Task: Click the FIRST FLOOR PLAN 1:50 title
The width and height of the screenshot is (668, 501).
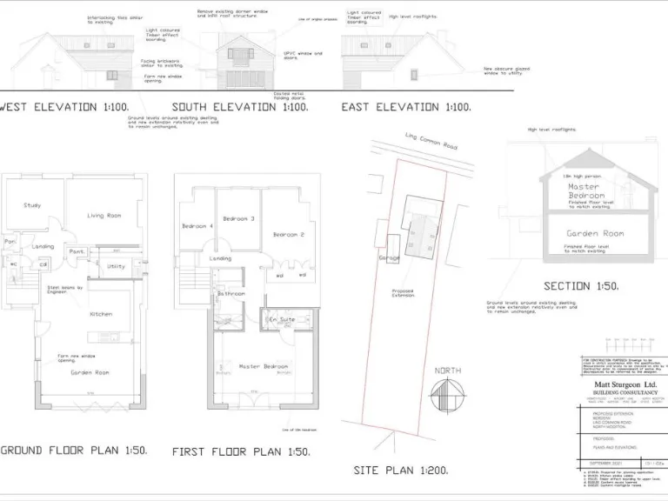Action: click(x=241, y=451)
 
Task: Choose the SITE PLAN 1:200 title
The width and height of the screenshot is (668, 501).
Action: click(x=402, y=470)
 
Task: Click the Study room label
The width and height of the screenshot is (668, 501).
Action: click(x=32, y=205)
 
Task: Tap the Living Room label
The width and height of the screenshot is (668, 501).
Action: click(x=104, y=215)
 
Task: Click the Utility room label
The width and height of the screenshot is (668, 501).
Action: click(x=116, y=266)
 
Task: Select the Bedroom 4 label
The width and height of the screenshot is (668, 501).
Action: click(x=195, y=226)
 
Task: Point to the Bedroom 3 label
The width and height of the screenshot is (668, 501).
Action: click(x=238, y=218)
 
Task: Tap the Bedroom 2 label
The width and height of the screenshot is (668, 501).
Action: click(x=288, y=235)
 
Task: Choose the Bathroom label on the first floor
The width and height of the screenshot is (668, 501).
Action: click(x=231, y=294)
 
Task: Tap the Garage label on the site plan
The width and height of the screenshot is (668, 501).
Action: click(x=389, y=258)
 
